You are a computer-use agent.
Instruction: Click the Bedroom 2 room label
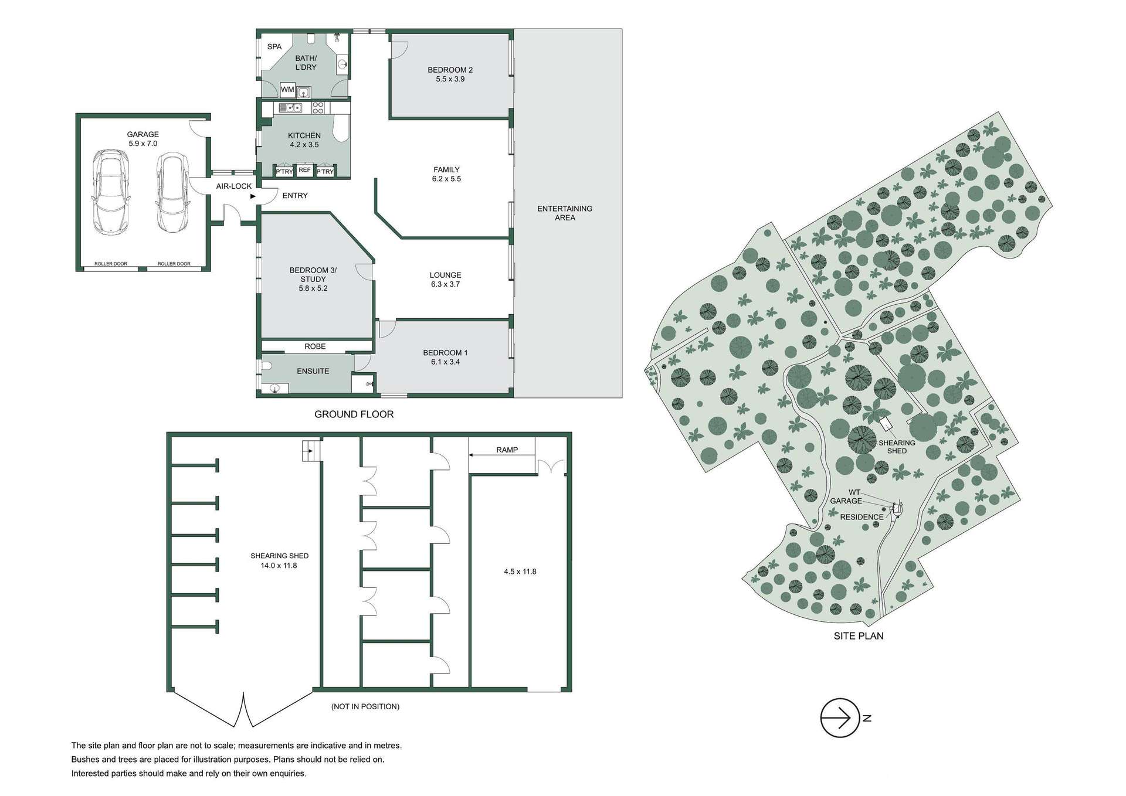click(x=450, y=74)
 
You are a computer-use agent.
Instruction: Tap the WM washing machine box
click(x=287, y=90)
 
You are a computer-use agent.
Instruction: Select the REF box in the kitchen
click(x=304, y=171)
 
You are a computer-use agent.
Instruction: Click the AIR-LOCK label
click(x=233, y=186)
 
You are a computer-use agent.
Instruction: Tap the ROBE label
click(x=315, y=346)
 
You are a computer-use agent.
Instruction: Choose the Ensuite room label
click(x=313, y=371)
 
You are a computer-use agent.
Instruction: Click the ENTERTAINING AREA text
click(x=565, y=213)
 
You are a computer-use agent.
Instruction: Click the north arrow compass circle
click(x=840, y=717)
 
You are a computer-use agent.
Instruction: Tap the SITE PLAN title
click(x=858, y=636)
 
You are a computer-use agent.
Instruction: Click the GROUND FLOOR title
click(x=354, y=414)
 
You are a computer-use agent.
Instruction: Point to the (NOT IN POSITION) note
click(x=365, y=706)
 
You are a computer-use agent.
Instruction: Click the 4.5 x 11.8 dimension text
click(x=520, y=572)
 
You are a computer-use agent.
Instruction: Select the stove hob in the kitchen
click(x=318, y=108)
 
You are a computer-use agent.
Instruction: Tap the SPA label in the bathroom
click(x=274, y=47)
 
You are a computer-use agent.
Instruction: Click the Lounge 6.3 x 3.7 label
click(x=445, y=280)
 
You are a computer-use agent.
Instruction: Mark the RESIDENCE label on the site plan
click(x=861, y=517)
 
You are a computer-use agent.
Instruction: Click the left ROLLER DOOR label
click(x=111, y=264)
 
